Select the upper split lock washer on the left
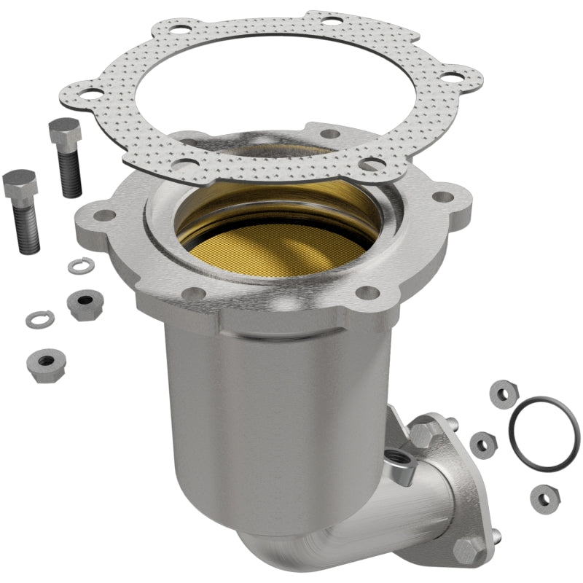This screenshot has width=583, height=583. pyautogui.click(x=79, y=266)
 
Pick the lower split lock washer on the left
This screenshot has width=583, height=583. pyautogui.click(x=39, y=318)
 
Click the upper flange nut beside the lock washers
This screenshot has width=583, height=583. pyautogui.click(x=85, y=302)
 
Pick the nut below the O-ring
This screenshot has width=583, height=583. pyautogui.click(x=544, y=497)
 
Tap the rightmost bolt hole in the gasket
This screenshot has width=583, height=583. pyautogui.click(x=453, y=76)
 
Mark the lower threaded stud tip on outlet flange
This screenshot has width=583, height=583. pyautogui.click(x=498, y=540)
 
